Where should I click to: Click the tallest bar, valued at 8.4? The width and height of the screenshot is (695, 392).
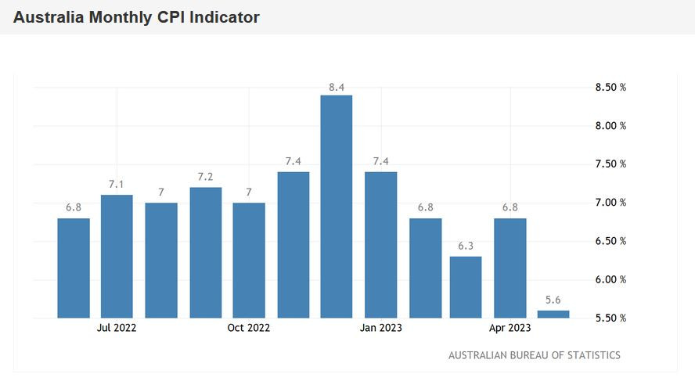tap(337, 207)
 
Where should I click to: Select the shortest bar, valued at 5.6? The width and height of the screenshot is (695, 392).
tap(553, 315)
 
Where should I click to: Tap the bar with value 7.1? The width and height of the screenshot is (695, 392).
tap(117, 257)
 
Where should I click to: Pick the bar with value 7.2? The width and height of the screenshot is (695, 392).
tap(205, 253)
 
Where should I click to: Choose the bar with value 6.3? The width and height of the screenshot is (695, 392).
tap(466, 287)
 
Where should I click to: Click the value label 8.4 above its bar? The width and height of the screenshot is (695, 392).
tap(337, 88)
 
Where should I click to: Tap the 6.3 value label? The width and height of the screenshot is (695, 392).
tap(466, 246)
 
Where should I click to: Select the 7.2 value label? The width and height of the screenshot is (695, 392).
tap(205, 177)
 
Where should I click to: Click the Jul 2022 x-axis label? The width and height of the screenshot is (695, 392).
tap(117, 328)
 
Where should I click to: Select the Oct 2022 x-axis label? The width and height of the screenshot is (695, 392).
tap(249, 328)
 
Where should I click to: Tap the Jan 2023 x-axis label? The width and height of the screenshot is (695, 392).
tap(381, 328)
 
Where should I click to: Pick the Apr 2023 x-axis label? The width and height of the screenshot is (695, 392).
tap(510, 328)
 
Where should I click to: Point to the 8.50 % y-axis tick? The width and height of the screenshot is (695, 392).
tap(610, 88)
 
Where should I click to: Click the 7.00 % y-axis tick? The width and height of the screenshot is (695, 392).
tap(610, 203)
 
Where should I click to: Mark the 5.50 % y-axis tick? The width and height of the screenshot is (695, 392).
tap(610, 318)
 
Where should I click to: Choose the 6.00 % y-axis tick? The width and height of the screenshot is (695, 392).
tap(610, 280)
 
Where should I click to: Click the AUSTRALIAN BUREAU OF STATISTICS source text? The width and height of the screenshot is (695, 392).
tap(534, 355)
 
